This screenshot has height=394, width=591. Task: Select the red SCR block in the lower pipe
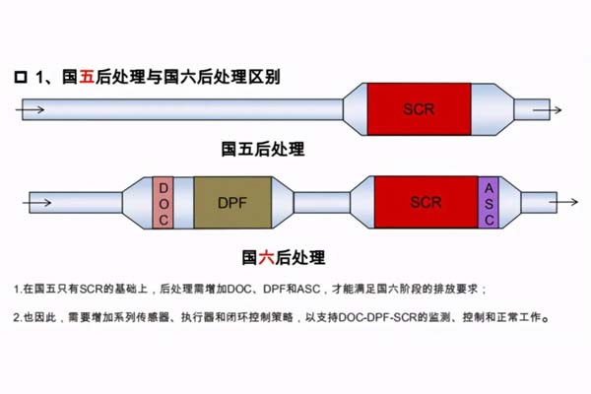(426, 202)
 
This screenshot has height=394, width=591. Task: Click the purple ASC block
(490, 202)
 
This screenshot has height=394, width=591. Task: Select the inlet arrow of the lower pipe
(37, 202)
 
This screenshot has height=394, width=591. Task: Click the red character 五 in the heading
(86, 75)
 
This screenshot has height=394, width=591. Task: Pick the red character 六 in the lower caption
(265, 257)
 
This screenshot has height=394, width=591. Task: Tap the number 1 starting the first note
(17, 289)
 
